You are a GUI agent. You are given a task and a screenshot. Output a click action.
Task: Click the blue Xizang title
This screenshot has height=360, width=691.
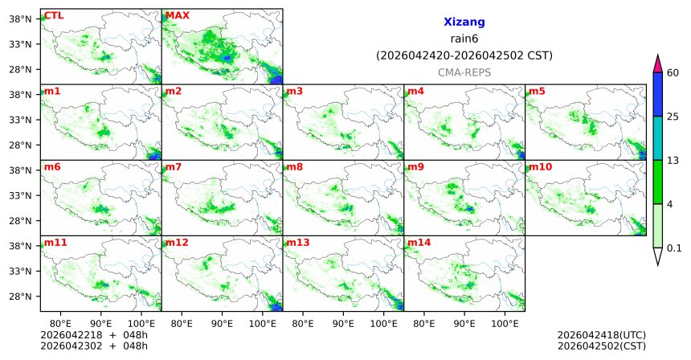tap(464, 22)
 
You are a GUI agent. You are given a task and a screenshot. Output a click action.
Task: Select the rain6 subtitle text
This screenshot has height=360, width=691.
tap(464, 39)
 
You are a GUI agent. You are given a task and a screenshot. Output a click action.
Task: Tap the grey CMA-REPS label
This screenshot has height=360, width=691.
tap(464, 72)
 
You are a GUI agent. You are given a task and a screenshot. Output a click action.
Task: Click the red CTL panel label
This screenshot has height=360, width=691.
tap(54, 15)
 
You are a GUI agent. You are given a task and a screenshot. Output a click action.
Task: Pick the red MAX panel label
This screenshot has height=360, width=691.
tap(178, 15)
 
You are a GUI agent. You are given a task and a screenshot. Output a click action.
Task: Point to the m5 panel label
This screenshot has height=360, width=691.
tap(537, 91)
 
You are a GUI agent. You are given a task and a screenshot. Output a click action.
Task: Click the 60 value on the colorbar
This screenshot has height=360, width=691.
tap(673, 73)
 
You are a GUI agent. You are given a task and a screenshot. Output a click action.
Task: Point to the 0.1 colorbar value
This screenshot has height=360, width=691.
tap(675, 247)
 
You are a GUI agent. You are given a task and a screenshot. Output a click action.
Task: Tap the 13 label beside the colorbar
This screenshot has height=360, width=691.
tap(673, 161)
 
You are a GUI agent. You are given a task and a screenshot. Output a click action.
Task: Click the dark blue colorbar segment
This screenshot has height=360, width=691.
tap(657, 94)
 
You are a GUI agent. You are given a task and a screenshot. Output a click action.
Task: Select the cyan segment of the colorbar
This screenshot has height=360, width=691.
tap(657, 138)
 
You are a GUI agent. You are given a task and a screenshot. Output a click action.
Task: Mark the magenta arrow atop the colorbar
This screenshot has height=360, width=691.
tap(657, 63)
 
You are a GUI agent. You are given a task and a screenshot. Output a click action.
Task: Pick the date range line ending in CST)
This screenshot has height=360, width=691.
tap(464, 55)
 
